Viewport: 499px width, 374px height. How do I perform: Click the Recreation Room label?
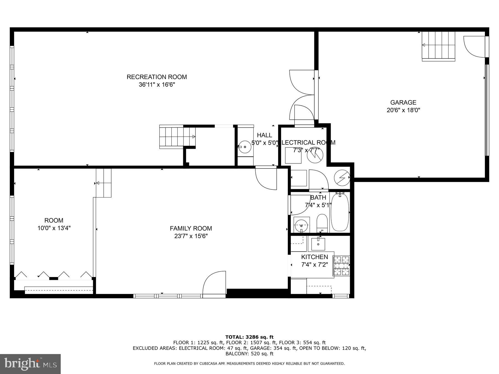pyautogui.click(x=157, y=77)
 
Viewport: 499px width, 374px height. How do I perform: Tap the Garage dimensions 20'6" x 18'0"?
pyautogui.click(x=403, y=110)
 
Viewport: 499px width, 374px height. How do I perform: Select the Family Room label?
pyautogui.click(x=191, y=229)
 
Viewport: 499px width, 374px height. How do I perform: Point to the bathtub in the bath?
pyautogui.click(x=340, y=212)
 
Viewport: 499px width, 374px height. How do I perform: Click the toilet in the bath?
pyautogui.click(x=322, y=223)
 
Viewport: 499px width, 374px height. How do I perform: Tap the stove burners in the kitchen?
pyautogui.click(x=342, y=266)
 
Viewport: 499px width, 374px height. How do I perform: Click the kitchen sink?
pyautogui.click(x=318, y=244)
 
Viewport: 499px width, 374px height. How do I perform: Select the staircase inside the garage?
pyautogui.click(x=438, y=46)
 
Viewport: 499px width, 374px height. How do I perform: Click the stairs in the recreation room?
pyautogui.click(x=177, y=137)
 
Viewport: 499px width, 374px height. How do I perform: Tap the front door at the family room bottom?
pyautogui.click(x=214, y=284)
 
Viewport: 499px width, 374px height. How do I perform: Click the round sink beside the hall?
pyautogui.click(x=245, y=147)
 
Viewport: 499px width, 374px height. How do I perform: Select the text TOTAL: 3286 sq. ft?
pyautogui.click(x=249, y=337)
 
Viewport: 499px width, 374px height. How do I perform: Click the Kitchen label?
pyautogui.click(x=314, y=257)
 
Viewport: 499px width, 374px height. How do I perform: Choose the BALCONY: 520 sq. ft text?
pyautogui.click(x=249, y=354)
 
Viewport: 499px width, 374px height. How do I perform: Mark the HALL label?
pyautogui.click(x=264, y=135)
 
